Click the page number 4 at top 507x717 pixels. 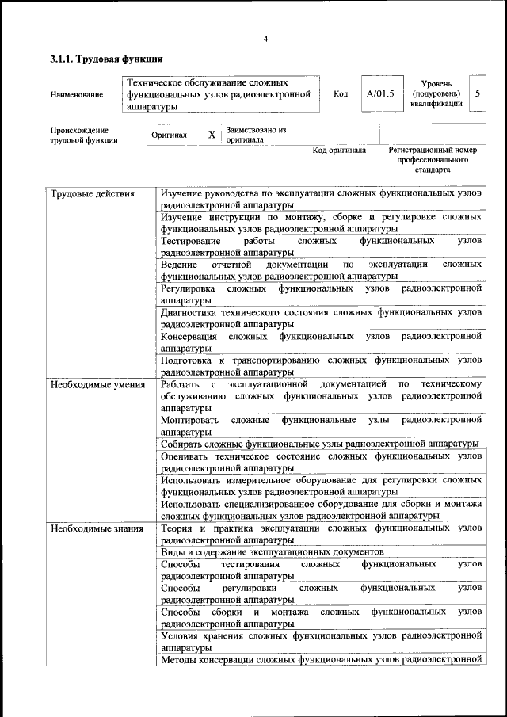tap(266, 40)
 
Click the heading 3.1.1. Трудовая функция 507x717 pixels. tap(107, 59)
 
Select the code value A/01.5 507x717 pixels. tap(380, 94)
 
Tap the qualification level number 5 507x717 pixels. tap(477, 94)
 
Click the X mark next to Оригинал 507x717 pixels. tap(212, 135)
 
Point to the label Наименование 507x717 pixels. tap(76, 95)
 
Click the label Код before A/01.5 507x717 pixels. tap(341, 94)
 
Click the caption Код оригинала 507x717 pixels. tap(339, 150)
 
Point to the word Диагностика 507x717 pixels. tap(187, 313)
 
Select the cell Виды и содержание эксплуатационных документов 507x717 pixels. tap(272, 551)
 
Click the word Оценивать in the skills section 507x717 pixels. tap(184, 456)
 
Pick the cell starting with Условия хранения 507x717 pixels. tap(321, 640)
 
